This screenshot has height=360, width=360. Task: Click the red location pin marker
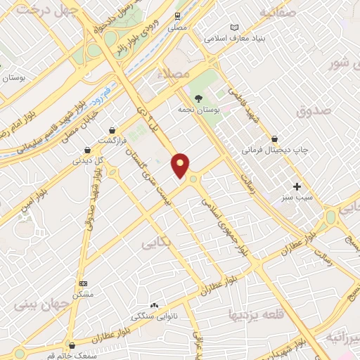point(180,165)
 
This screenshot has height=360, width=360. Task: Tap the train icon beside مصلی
point(177,14)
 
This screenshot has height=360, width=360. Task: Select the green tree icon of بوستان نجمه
point(199,99)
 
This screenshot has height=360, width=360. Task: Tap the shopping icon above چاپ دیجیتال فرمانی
point(283,139)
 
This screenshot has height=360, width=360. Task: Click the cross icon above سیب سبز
point(297,187)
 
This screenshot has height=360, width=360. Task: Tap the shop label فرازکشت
point(112,141)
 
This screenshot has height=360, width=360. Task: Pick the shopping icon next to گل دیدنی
point(86,150)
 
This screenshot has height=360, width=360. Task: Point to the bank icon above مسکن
point(84,283)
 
